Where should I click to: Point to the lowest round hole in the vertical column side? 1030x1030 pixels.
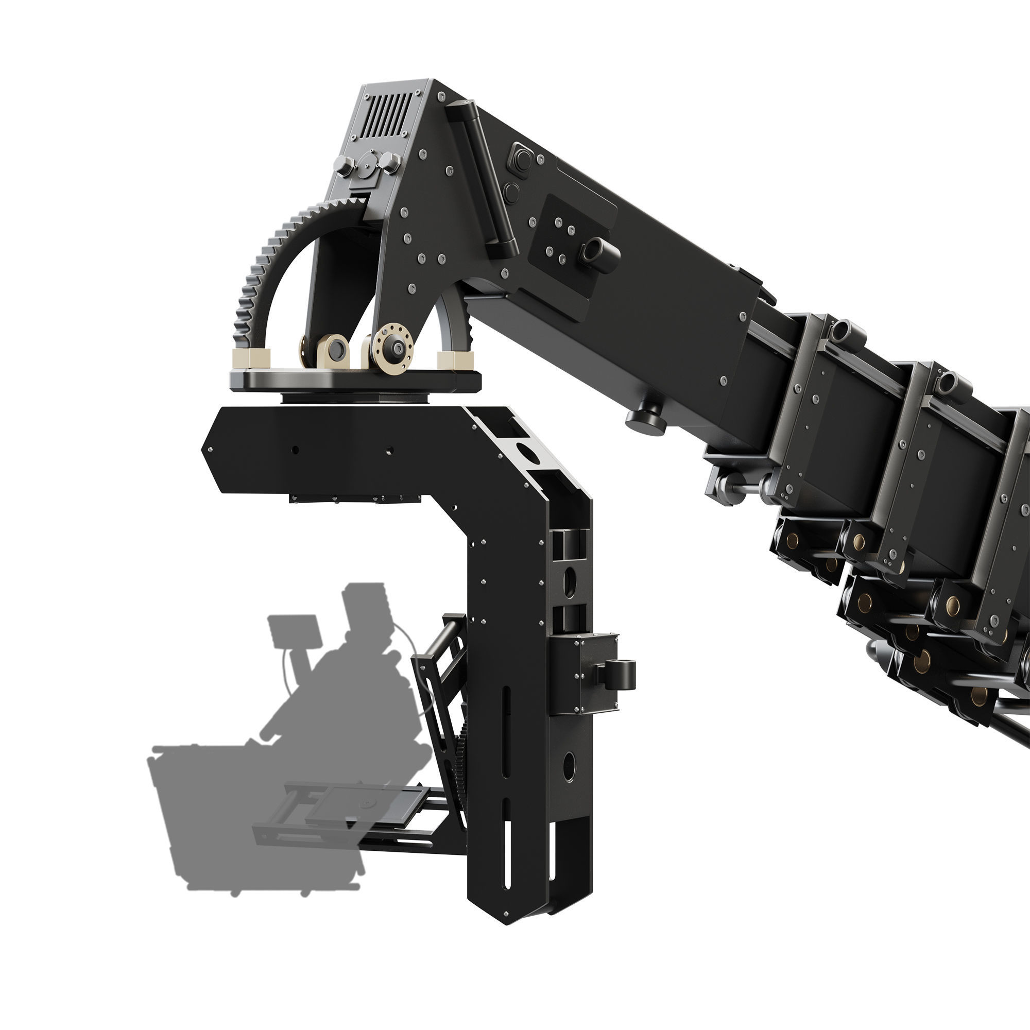pos(570,767)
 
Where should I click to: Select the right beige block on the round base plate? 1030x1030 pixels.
pos(455,359)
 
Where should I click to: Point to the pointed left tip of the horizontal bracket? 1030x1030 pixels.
pos(204,449)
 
